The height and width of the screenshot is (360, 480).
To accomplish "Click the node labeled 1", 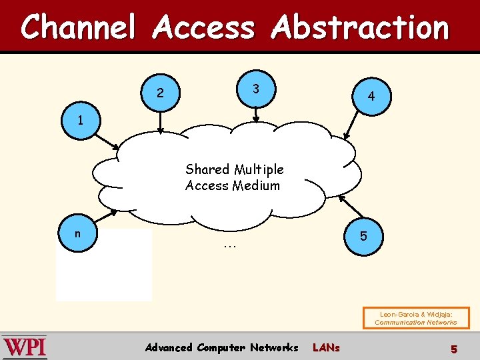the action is point(81,121).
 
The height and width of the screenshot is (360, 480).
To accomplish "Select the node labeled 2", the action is point(160,93).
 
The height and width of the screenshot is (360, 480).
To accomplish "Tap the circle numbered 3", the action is point(255,89).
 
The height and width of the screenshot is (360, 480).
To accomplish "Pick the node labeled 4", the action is point(371,97).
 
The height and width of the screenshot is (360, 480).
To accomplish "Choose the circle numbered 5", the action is point(363,236).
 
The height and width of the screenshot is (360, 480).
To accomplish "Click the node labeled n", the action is point(78,234).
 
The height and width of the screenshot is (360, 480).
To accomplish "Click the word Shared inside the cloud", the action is point(207,169).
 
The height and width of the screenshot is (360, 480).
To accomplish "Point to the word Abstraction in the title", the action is point(361,28).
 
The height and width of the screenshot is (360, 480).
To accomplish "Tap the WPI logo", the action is point(25,347).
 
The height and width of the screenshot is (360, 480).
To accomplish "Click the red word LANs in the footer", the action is point(326,347).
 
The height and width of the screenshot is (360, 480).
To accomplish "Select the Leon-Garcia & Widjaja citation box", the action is point(415,318).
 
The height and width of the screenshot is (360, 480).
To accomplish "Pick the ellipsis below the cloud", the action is point(230,245).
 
